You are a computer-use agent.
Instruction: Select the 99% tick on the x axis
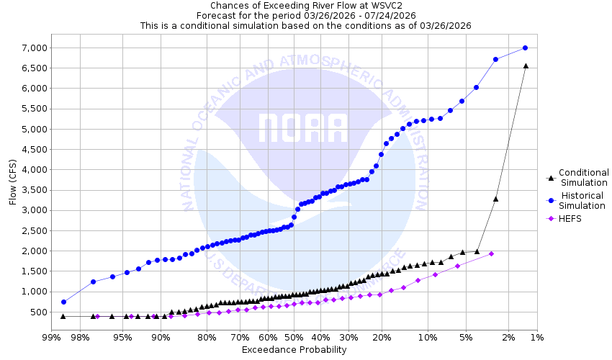click(x=51, y=337)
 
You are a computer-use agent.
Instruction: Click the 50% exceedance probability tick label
click(x=294, y=337)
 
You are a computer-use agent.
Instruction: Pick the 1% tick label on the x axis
click(x=537, y=337)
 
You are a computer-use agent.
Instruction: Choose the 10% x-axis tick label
click(x=428, y=337)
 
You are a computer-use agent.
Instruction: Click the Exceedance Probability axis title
click(x=294, y=350)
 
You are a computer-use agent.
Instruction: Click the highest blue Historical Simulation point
click(x=525, y=48)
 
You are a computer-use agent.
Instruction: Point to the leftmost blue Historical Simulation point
click(x=63, y=302)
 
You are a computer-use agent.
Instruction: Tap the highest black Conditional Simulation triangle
click(x=526, y=66)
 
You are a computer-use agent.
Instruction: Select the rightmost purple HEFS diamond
click(x=491, y=253)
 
